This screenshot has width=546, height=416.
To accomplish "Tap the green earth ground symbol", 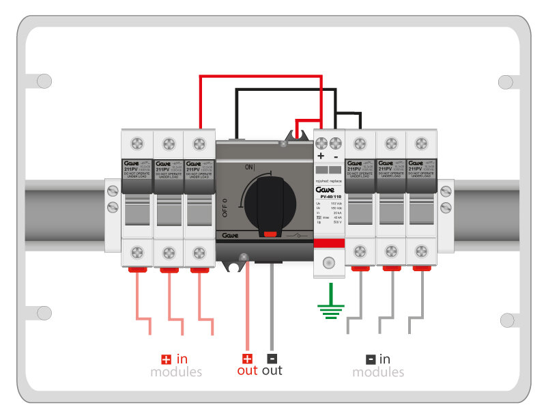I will [330, 311].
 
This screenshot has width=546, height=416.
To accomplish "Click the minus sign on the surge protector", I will [336, 156].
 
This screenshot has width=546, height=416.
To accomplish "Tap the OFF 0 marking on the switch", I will [224, 206].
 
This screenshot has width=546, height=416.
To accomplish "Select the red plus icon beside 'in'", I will [165, 359].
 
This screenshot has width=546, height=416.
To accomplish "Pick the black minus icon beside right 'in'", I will [370, 359].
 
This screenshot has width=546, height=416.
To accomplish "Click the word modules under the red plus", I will [176, 372].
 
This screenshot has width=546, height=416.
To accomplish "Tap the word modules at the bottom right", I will [378, 372].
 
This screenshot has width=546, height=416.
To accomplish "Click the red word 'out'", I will [247, 371].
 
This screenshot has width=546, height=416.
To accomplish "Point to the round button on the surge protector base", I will [329, 262].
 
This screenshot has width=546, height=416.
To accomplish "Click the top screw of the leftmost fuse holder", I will [136, 143].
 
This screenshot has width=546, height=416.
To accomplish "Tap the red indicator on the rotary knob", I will [271, 234].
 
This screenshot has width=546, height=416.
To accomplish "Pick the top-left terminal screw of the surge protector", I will [321, 143].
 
